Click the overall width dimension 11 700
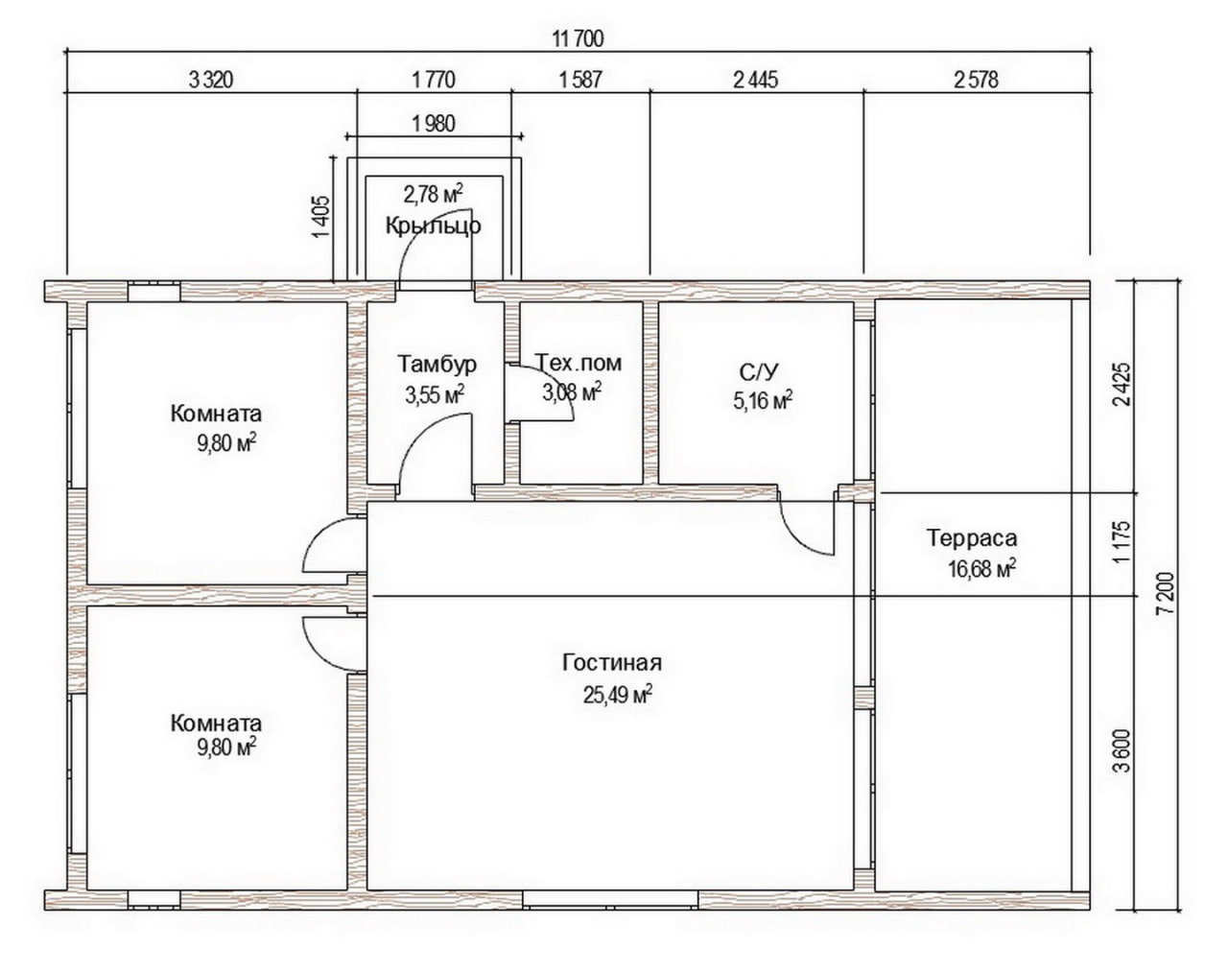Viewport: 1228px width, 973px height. pos(578,39)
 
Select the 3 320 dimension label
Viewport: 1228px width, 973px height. pos(210,80)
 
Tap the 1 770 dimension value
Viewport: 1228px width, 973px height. pos(434,80)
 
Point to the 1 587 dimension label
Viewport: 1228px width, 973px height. pos(580,80)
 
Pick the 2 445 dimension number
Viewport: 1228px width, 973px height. pos(756,80)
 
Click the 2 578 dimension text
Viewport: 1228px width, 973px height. pos(976,80)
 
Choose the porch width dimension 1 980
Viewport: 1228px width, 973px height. pos(434,123)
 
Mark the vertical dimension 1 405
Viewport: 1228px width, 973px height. pos(321,218)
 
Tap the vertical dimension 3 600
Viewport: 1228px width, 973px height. pos(1122,750)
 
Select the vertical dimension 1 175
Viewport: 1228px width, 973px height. pos(1122,541)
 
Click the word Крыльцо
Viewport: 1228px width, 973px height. pos(433,226)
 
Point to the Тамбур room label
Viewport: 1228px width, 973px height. pos(437,364)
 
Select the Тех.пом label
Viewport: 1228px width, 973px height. pos(579,363)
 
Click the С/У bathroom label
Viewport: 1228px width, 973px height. pos(758,372)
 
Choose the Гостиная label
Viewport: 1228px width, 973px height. pos(612,662)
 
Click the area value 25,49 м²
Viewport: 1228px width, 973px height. pos(618,695)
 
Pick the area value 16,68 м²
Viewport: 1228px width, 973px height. pos(982,568)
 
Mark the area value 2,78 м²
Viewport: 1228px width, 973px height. pos(433,194)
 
